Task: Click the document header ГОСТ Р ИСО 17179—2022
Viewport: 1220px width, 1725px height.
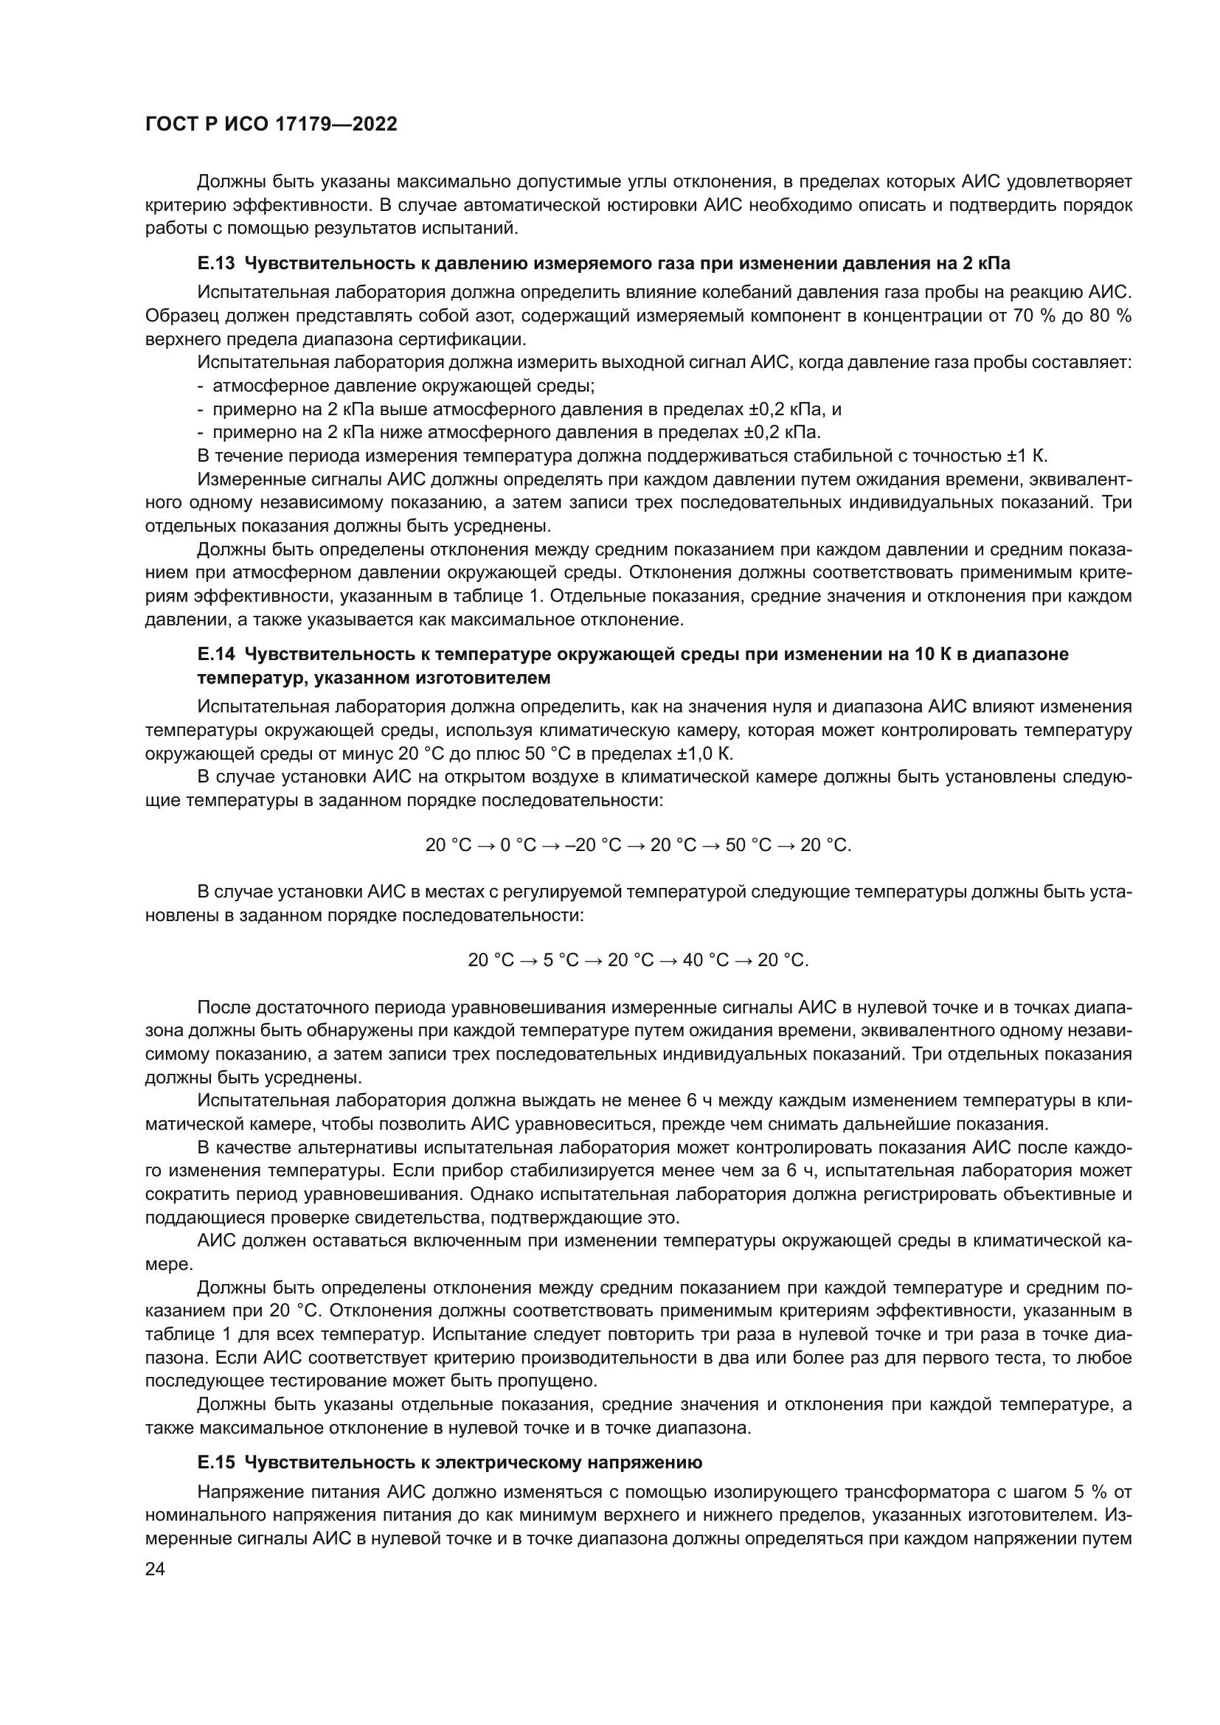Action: (271, 125)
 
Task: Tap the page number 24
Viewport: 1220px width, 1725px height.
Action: (155, 1569)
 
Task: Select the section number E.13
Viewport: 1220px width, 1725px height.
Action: (216, 263)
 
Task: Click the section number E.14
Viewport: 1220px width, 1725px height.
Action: (216, 654)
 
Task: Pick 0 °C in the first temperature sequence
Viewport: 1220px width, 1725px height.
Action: (519, 845)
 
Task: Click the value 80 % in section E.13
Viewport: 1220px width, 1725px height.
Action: (1109, 316)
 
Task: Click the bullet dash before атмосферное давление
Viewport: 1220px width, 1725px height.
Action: (201, 387)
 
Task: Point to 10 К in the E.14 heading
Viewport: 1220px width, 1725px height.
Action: (931, 654)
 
